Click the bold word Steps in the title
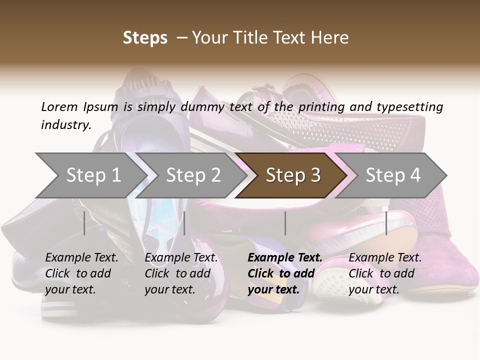tap(145, 38)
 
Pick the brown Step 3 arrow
tap(293, 175)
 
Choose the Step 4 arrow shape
tap(393, 175)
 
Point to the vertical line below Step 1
tap(84, 223)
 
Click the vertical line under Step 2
tap(184, 223)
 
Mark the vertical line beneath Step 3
tap(285, 223)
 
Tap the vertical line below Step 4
tap(386, 223)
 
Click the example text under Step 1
tap(81, 273)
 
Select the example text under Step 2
tap(181, 273)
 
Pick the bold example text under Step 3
tap(285, 273)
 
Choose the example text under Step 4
tap(385, 273)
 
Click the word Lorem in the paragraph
tap(59, 107)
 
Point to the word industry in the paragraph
tap(65, 125)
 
